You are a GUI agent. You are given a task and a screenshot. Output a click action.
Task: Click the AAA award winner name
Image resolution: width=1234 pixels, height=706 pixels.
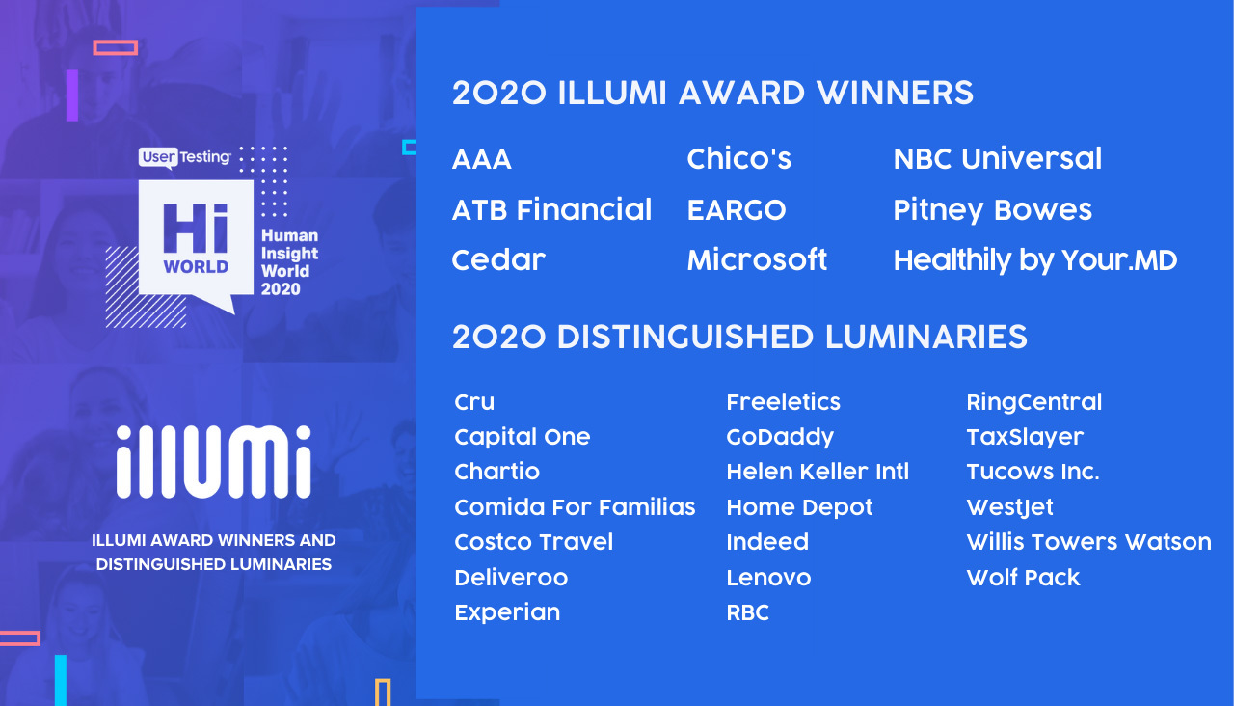(481, 159)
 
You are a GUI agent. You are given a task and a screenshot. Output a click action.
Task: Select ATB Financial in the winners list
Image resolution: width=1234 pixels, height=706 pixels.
(551, 210)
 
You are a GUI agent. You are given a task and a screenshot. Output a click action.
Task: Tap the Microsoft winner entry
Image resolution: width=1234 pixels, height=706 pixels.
(757, 260)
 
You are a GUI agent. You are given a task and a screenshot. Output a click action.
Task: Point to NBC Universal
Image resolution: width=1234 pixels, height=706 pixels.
(997, 159)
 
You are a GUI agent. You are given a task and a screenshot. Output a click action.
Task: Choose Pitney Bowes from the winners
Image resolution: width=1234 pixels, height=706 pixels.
(992, 210)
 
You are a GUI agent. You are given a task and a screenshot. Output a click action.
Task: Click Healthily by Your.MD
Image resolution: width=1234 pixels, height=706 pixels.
(1034, 260)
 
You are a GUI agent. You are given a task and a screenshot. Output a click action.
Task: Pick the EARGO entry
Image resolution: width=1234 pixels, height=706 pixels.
(736, 210)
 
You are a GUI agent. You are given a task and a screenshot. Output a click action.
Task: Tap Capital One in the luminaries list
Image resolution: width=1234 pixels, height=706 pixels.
(522, 437)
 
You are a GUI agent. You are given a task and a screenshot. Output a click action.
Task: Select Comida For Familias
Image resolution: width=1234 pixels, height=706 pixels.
(575, 507)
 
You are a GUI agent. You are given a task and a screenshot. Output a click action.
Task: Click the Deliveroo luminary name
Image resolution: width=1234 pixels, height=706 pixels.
(511, 578)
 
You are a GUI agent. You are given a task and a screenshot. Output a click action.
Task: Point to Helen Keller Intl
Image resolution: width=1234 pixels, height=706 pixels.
(817, 472)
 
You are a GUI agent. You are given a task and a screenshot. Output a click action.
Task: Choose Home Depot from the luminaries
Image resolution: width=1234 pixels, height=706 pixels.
(799, 507)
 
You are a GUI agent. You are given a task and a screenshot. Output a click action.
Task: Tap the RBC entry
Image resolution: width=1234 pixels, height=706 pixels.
(747, 612)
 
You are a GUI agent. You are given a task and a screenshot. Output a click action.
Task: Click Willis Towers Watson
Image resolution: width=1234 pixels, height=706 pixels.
(1088, 542)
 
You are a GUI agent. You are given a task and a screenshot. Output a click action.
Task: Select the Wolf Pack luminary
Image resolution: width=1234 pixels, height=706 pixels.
(1023, 578)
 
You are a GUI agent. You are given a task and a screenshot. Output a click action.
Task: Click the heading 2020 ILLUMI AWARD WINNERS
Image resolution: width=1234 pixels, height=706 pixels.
(712, 94)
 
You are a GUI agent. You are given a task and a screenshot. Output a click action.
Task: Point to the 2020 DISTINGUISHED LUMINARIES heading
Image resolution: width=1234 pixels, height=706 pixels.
(739, 338)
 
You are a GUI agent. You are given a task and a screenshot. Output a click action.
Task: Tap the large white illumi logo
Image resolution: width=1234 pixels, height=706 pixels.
(214, 462)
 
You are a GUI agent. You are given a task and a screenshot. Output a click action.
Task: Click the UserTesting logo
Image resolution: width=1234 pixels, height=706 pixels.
(185, 157)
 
